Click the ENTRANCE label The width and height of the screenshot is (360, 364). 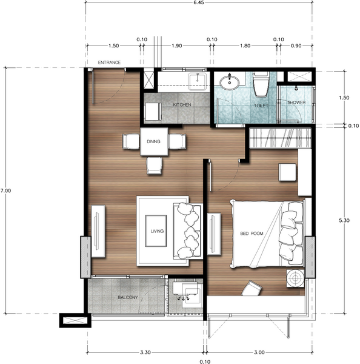(x=110, y=62)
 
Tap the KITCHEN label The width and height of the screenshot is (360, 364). (x=182, y=105)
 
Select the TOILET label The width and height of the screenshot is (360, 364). (x=260, y=105)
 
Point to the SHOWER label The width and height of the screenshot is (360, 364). (x=296, y=103)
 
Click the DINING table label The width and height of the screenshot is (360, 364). (x=153, y=142)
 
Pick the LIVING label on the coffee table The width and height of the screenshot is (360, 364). (x=157, y=231)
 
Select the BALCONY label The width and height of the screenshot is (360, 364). (x=128, y=297)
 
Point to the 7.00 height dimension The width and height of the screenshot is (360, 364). (x=5, y=190)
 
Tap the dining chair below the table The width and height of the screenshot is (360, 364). (x=155, y=164)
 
